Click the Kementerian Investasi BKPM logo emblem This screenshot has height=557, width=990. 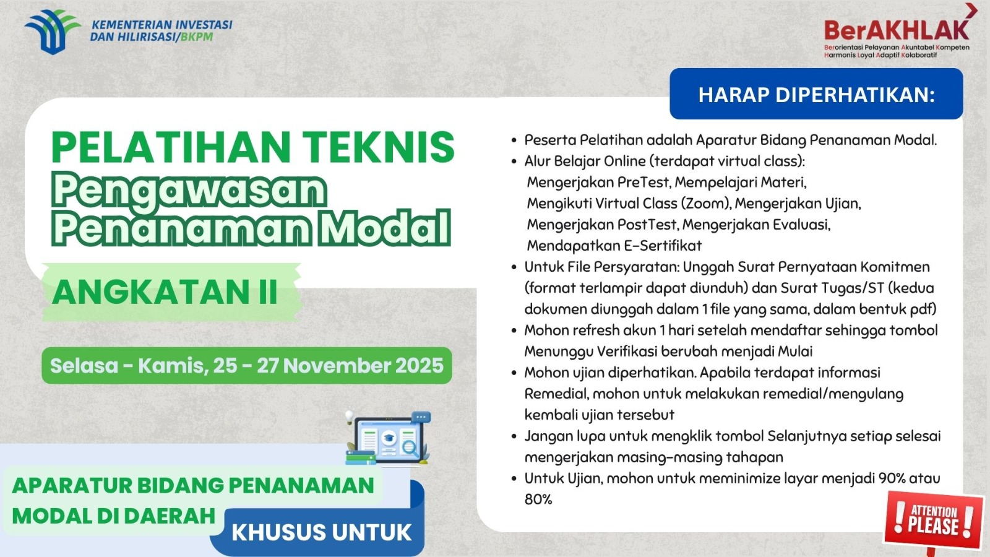pos(51,31)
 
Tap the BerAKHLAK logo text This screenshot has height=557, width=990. pos(896,30)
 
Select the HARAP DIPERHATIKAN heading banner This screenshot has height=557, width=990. pos(816,95)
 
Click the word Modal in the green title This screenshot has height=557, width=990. pos(384,228)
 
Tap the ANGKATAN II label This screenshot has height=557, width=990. pos(165,292)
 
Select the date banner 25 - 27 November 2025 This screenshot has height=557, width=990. pos(247,366)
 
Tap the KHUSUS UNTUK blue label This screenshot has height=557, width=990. pos(321,533)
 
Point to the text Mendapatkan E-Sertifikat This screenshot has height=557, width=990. pos(614,246)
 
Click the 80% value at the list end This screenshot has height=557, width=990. pos(538,499)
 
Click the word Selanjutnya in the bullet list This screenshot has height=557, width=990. pos(807,436)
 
